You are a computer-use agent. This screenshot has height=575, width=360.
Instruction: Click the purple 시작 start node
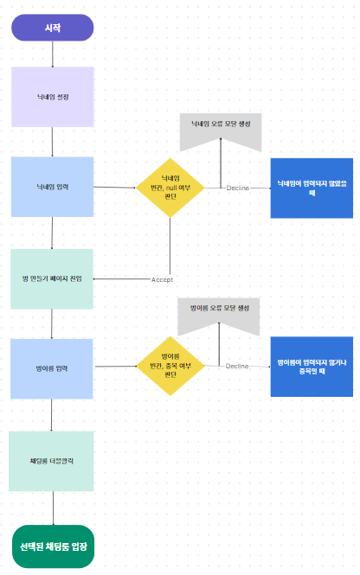52,28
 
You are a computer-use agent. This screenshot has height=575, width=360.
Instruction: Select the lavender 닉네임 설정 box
52,97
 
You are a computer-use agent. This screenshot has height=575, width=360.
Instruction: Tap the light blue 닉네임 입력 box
52,187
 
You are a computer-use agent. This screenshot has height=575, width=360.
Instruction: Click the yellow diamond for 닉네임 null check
170,187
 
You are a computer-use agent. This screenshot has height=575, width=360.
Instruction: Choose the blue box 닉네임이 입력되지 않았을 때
312,188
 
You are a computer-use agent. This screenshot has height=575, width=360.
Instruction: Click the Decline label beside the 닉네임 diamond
238,188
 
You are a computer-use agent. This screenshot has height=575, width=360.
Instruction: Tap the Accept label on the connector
163,279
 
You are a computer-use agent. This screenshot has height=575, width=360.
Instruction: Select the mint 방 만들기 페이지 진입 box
52,279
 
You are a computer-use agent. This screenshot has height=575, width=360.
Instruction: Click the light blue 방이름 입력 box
52,367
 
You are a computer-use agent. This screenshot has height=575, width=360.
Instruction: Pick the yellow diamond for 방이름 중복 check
170,367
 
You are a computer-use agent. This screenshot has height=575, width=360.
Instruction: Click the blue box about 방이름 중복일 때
312,367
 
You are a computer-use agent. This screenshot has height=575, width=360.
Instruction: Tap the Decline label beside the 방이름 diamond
237,367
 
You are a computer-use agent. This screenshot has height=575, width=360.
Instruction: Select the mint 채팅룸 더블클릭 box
52,461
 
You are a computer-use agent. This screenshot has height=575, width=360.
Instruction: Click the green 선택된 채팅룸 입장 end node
54,546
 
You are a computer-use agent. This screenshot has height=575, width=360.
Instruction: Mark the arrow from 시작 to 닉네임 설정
52,54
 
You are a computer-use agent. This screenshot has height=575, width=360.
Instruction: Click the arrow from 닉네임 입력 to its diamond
114,187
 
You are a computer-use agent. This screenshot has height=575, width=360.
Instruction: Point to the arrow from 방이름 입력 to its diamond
114,367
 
